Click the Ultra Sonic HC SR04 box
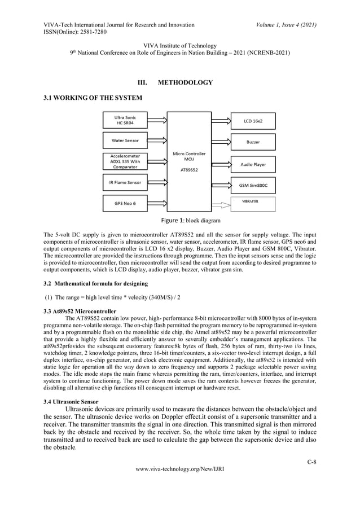tap(127, 120)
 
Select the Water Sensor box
tap(127, 140)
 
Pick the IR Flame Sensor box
tap(127, 182)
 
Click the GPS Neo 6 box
tap(127, 203)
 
